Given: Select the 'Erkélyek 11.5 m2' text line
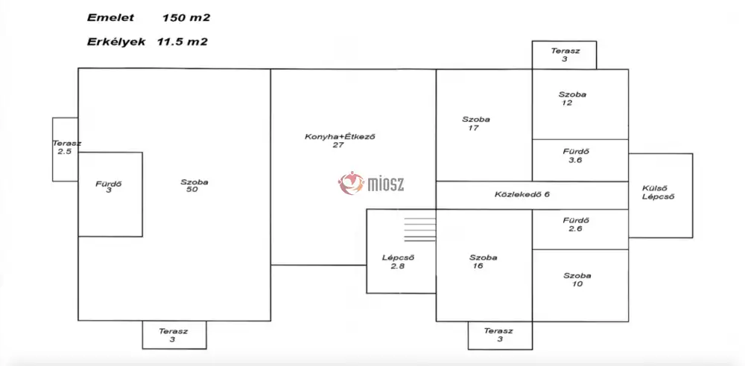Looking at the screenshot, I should coord(147,42).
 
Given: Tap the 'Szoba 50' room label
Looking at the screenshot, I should coord(194,186).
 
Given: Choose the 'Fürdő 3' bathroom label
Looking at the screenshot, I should coord(109,187).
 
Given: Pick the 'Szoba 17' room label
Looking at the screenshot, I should coord(475,123).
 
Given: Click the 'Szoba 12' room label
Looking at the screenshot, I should coord(571,98).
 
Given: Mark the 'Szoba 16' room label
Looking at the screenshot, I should coord(483,262).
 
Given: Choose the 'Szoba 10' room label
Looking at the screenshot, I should coord(577,280).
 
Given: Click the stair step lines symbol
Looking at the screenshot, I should coord(419,228).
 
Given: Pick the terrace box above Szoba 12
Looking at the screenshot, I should coord(564,54).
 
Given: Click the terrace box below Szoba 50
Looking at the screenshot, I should coord(174,335).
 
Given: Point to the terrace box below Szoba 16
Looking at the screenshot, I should coord(499,335).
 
